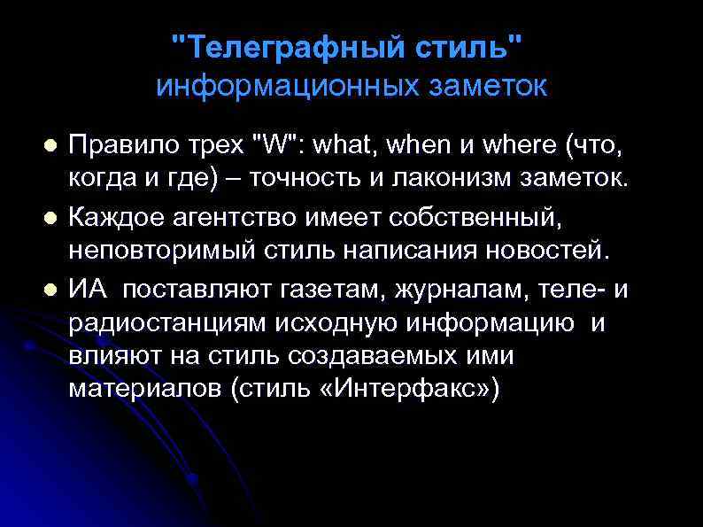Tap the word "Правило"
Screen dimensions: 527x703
(118, 142)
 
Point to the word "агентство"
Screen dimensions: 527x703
(222, 215)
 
